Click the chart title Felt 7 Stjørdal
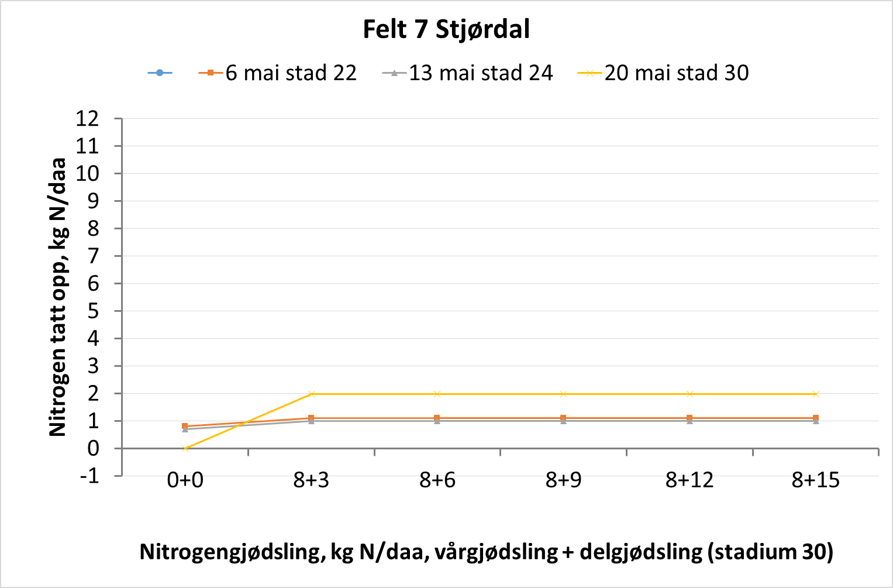click(446, 29)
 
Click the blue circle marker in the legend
click(160, 73)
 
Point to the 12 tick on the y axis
click(87, 119)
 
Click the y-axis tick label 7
click(93, 256)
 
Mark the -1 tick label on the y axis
click(89, 476)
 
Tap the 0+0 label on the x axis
click(185, 480)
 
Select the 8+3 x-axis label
click(311, 480)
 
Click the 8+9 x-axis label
click(563, 480)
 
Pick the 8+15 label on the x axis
click(815, 480)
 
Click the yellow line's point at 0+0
click(185, 449)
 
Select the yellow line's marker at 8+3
click(311, 394)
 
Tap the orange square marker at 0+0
click(185, 427)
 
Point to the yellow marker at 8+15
click(816, 394)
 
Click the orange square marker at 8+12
click(689, 418)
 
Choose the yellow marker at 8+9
click(563, 394)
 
